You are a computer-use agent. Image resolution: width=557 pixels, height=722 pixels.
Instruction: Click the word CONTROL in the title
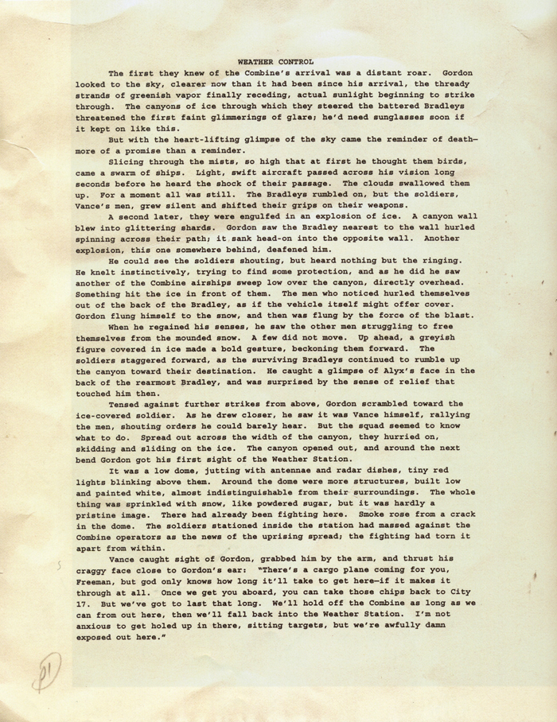pos(295,60)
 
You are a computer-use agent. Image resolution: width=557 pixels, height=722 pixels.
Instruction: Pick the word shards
pos(196,223)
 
